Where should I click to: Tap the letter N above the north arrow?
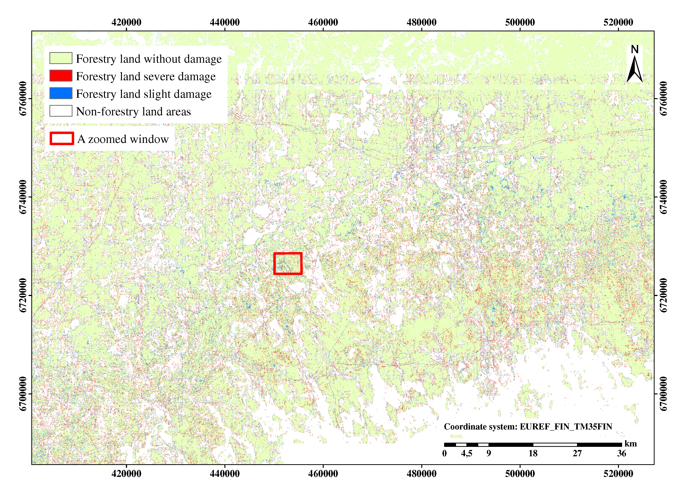[x=634, y=49]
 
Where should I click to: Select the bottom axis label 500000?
[x=520, y=474]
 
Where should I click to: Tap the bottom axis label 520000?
[x=618, y=474]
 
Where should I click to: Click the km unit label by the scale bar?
[x=631, y=444]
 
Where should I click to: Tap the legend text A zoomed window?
[x=123, y=139]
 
